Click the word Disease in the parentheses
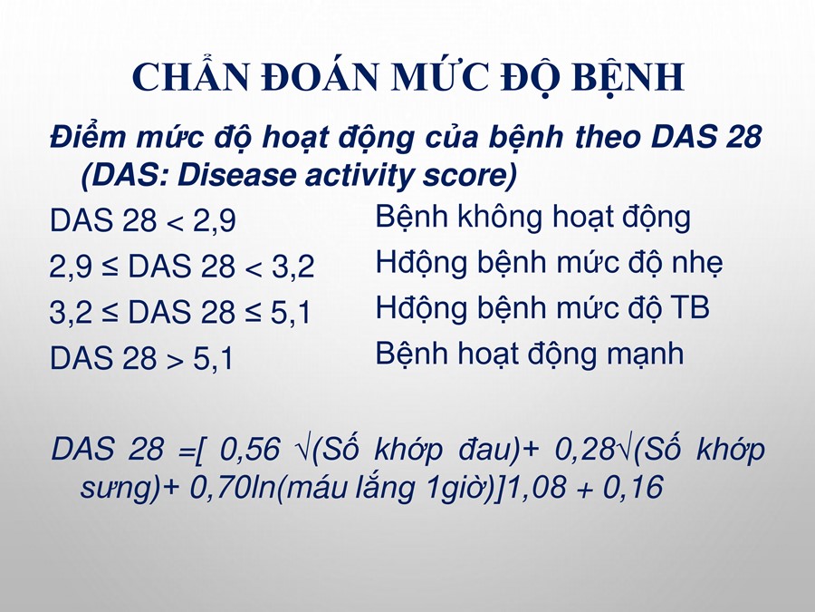237,175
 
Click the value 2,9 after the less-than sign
215,220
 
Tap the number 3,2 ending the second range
293,267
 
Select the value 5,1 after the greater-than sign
214,358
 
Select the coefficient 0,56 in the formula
250,449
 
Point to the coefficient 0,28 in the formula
585,449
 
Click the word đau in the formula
485,449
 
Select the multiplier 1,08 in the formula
536,488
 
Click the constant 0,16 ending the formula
633,488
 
